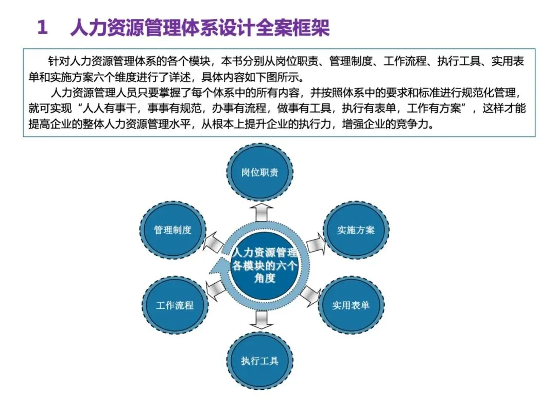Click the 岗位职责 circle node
pyautogui.click(x=260, y=172)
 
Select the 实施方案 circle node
pyautogui.click(x=356, y=230)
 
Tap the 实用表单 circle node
pyautogui.click(x=351, y=305)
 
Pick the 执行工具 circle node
pyautogui.click(x=260, y=360)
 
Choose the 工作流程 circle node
pyautogui.click(x=175, y=305)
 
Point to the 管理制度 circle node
pyautogui.click(x=173, y=230)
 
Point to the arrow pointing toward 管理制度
pyautogui.click(x=213, y=242)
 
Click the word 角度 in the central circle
pyautogui.click(x=265, y=279)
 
